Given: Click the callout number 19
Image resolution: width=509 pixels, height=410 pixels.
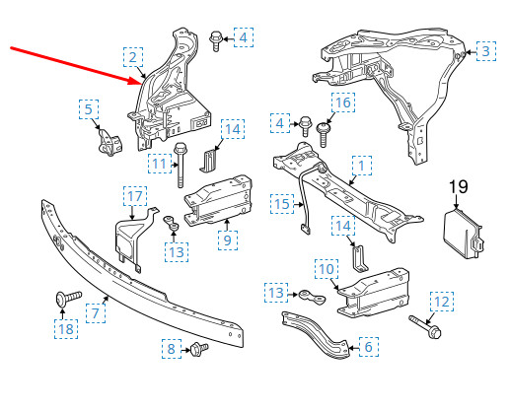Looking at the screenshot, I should [459, 186].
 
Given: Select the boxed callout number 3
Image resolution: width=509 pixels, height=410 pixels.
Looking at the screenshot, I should [484, 49].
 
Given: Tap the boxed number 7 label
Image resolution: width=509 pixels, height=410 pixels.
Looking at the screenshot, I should [97, 314].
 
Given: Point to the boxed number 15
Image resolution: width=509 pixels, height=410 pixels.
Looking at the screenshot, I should [282, 204].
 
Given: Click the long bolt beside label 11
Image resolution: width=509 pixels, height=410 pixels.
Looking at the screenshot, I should [182, 166].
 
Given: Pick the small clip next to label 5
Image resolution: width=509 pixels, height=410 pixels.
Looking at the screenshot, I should [105, 143].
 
